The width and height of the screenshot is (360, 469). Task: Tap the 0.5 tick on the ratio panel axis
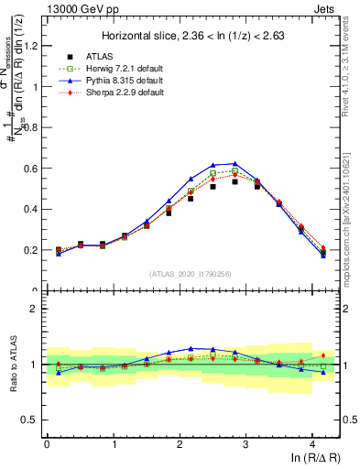pos(32,420)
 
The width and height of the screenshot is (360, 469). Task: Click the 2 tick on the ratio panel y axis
pos(37,309)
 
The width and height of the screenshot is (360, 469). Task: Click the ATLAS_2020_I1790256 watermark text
pos(191,274)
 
